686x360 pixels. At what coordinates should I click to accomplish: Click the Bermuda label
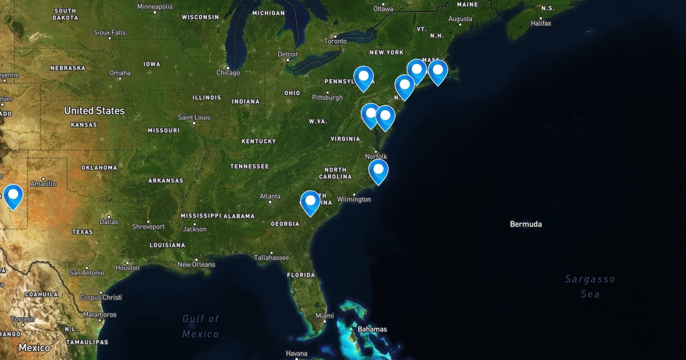525,224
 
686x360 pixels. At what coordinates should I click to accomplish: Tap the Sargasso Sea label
590,286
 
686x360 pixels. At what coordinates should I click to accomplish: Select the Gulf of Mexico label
201,326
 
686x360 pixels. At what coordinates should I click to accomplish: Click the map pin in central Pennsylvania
364,77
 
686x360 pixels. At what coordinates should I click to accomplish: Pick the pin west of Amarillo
13,195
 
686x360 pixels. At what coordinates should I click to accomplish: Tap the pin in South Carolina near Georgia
310,202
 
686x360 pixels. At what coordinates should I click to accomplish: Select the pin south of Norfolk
378,170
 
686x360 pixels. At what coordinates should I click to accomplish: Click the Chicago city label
228,73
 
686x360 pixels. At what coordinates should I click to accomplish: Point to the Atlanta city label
270,197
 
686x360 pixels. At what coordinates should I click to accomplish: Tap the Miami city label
325,316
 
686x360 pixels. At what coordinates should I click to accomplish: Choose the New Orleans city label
196,265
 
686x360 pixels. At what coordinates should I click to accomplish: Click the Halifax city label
540,23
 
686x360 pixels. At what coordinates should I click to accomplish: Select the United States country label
94,111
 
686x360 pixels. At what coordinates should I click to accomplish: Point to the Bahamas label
372,329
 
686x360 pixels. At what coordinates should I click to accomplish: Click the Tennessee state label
249,167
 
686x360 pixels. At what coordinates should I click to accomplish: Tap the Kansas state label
83,125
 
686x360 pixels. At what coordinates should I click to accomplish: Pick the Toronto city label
335,41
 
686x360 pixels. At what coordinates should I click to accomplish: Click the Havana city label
296,353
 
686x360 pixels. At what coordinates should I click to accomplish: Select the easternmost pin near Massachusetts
437,71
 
